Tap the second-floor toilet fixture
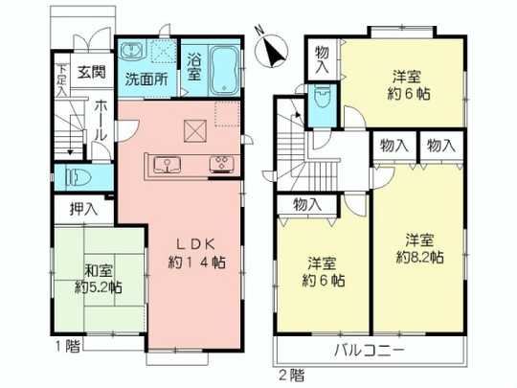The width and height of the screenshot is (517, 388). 324,101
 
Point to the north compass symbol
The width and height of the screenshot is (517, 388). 271,47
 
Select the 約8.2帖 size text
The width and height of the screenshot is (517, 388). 420,257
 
